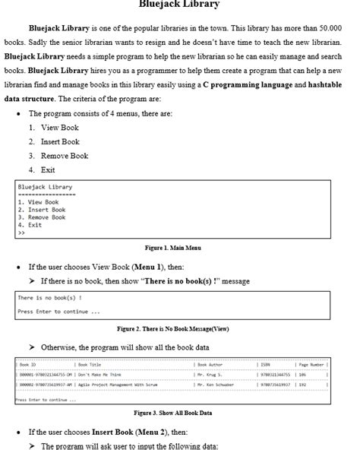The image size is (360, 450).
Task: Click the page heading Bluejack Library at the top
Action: pyautogui.click(x=179, y=5)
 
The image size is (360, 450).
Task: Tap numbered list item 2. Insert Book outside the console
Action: pyautogui.click(x=55, y=141)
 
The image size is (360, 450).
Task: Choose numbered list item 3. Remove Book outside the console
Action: pyautogui.click(x=58, y=155)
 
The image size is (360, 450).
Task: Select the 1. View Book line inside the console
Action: pyautogui.click(x=37, y=202)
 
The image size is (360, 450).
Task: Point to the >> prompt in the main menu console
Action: pyautogui.click(x=21, y=233)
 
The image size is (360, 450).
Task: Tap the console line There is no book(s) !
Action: pyautogui.click(x=49, y=297)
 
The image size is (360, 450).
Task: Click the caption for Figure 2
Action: pyautogui.click(x=172, y=328)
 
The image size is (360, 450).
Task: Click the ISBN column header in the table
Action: pyautogui.click(x=266, y=365)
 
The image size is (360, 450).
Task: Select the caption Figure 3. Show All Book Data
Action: pyautogui.click(x=172, y=413)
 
